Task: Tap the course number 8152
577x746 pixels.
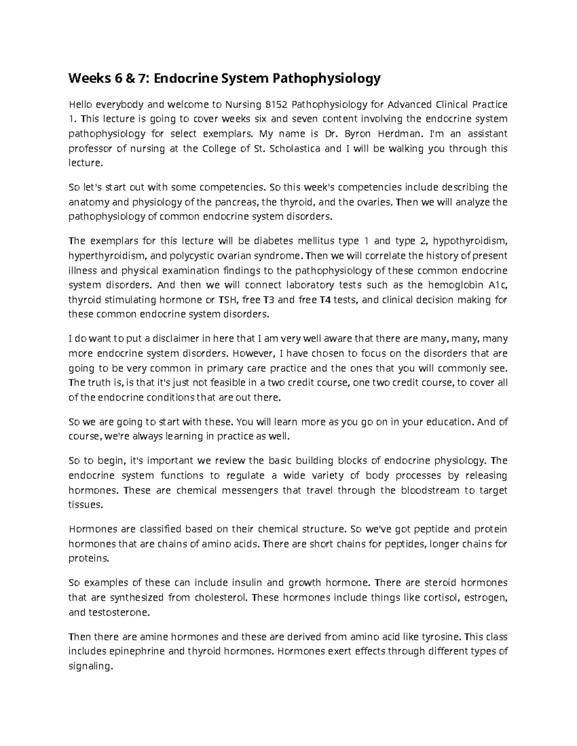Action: point(276,104)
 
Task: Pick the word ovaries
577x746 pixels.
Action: point(374,202)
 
